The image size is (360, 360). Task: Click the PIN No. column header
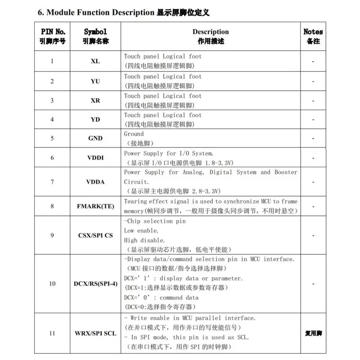tap(53, 36)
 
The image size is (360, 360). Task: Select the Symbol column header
tap(95, 36)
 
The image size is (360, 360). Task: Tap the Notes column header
tap(313, 36)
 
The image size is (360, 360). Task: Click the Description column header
tap(211, 36)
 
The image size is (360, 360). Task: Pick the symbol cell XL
tap(95, 61)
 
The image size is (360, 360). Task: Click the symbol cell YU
tap(95, 81)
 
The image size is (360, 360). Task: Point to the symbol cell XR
tap(95, 100)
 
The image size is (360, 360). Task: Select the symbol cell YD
tap(95, 120)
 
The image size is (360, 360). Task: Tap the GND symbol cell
tap(95, 139)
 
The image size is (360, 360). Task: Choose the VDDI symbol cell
tap(95, 158)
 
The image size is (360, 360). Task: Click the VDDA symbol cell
tap(95, 182)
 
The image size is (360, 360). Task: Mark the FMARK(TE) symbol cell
tap(95, 207)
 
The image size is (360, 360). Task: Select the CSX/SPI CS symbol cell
tap(95, 235)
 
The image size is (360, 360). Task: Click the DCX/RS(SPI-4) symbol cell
tap(95, 284)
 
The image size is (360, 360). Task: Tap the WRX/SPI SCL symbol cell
tap(95, 333)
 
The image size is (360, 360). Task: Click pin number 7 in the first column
tap(52, 182)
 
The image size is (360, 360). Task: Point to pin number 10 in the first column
tap(53, 284)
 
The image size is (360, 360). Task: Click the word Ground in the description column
tap(134, 134)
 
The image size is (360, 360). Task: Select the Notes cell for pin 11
tap(313, 333)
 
